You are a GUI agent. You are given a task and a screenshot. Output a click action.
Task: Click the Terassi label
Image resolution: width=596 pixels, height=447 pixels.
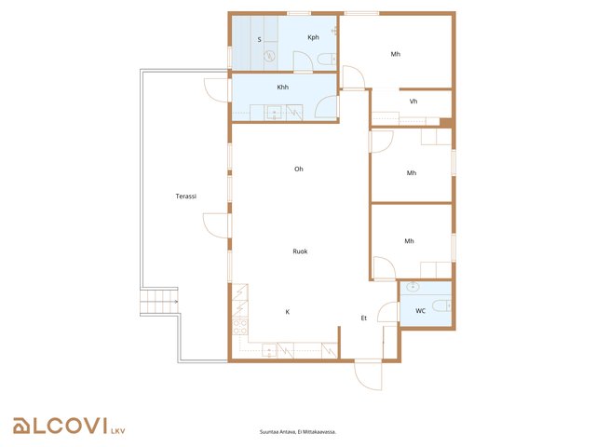coord(186,196)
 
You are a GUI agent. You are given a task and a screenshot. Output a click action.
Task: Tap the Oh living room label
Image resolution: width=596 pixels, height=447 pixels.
coord(299,169)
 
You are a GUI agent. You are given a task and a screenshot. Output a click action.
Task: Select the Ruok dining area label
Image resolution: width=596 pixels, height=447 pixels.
coord(300,251)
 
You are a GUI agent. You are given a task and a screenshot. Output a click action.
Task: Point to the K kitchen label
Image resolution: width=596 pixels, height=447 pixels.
coord(288,312)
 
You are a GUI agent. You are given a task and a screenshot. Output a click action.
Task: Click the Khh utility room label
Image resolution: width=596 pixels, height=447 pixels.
coord(283,87)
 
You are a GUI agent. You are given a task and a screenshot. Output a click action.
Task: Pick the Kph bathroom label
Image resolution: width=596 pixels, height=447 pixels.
coord(313,37)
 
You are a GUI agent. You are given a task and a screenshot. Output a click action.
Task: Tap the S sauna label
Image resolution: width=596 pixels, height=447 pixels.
coord(259,39)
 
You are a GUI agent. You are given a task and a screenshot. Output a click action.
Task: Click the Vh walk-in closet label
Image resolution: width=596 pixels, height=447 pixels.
coord(413,102)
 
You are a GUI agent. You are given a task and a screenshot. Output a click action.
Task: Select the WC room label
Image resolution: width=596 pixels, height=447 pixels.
coord(420,310)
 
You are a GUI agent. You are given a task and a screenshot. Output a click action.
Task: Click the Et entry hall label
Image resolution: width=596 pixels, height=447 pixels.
coord(364,318)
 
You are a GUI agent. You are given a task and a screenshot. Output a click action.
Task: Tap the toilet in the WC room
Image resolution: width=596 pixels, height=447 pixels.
coord(441,305)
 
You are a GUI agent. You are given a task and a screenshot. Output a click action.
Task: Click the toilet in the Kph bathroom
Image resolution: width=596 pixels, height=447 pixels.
coord(327,60)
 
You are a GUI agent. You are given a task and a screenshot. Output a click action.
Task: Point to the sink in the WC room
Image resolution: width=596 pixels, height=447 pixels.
coord(412,287)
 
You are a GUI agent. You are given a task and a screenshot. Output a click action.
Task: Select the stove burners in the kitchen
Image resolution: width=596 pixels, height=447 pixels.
coord(240,327)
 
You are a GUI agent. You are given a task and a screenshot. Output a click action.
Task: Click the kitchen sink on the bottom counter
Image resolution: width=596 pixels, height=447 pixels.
coord(269,350)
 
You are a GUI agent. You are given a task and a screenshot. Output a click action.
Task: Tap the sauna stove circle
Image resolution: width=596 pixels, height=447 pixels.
coord(270,56)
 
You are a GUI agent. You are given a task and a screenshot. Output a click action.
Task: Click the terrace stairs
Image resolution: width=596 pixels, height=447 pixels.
coord(159,302)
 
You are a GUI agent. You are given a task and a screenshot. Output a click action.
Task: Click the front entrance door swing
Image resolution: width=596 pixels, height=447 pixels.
coord(368,375)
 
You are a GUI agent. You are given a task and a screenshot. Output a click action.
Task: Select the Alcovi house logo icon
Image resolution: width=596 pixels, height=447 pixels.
coord(21,427)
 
